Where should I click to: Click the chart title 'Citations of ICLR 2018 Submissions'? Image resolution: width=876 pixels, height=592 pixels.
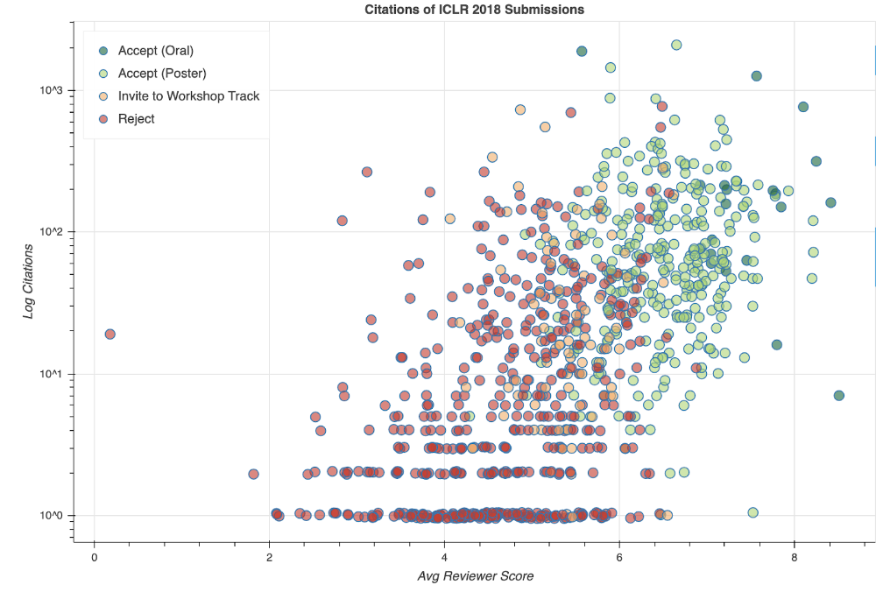[474, 9]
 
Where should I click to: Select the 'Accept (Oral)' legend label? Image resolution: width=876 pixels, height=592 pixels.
[155, 50]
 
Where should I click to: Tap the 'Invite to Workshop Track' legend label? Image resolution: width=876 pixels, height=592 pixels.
[188, 95]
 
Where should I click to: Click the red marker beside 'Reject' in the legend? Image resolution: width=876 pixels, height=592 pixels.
[103, 118]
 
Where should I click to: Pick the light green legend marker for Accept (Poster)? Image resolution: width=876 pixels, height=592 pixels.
[103, 73]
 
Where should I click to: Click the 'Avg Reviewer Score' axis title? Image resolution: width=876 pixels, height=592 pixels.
[474, 576]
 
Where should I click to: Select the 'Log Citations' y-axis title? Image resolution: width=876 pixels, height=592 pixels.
[29, 281]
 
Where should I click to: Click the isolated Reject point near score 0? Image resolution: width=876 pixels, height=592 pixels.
[109, 334]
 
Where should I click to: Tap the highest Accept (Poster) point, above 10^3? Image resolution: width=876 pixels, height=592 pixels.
[676, 45]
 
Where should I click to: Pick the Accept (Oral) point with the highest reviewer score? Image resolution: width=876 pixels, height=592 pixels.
[838, 396]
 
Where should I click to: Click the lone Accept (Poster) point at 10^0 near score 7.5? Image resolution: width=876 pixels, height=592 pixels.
[752, 512]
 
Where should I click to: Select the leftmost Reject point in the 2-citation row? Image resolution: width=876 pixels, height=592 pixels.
[253, 474]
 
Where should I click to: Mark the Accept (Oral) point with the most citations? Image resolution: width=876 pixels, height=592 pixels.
[582, 52]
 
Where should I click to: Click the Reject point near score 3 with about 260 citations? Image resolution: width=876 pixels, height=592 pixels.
[367, 172]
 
